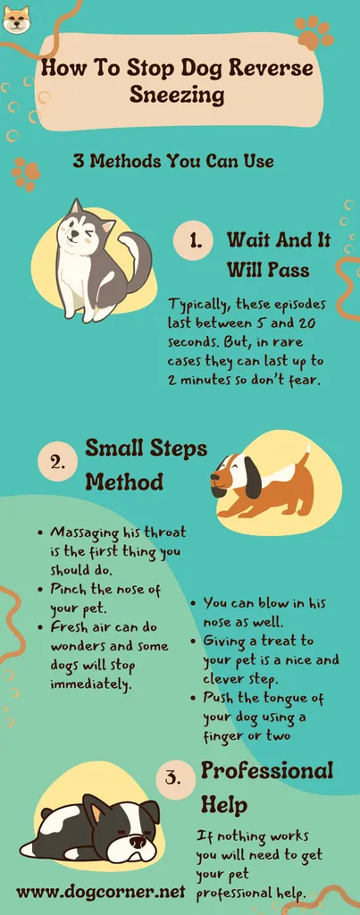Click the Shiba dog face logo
pyautogui.click(x=16, y=19)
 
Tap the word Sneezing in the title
pyautogui.click(x=177, y=94)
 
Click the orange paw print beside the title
pyautogui.click(x=314, y=33)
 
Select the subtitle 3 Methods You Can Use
pyautogui.click(x=173, y=161)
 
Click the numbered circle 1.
pyautogui.click(x=192, y=240)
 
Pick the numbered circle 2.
pyautogui.click(x=57, y=463)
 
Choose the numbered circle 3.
pyautogui.click(x=176, y=779)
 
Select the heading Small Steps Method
pyautogui.click(x=146, y=465)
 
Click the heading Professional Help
pyautogui.click(x=266, y=788)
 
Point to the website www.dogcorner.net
pyautogui.click(x=100, y=892)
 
